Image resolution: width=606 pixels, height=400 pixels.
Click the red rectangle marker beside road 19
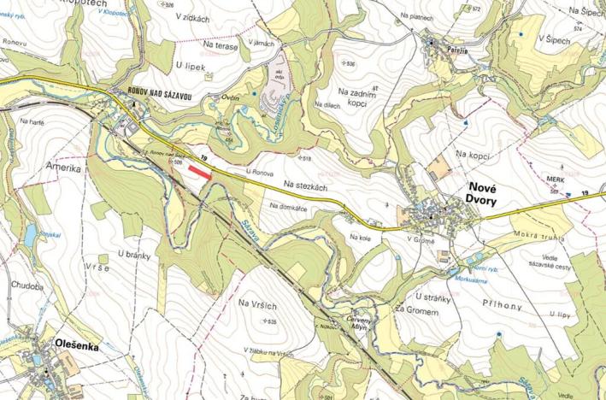coord(199,172)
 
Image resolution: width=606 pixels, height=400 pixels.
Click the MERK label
coord(556,180)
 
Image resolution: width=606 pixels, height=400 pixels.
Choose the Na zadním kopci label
coord(357,97)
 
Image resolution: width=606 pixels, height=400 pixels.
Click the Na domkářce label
coord(287,207)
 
